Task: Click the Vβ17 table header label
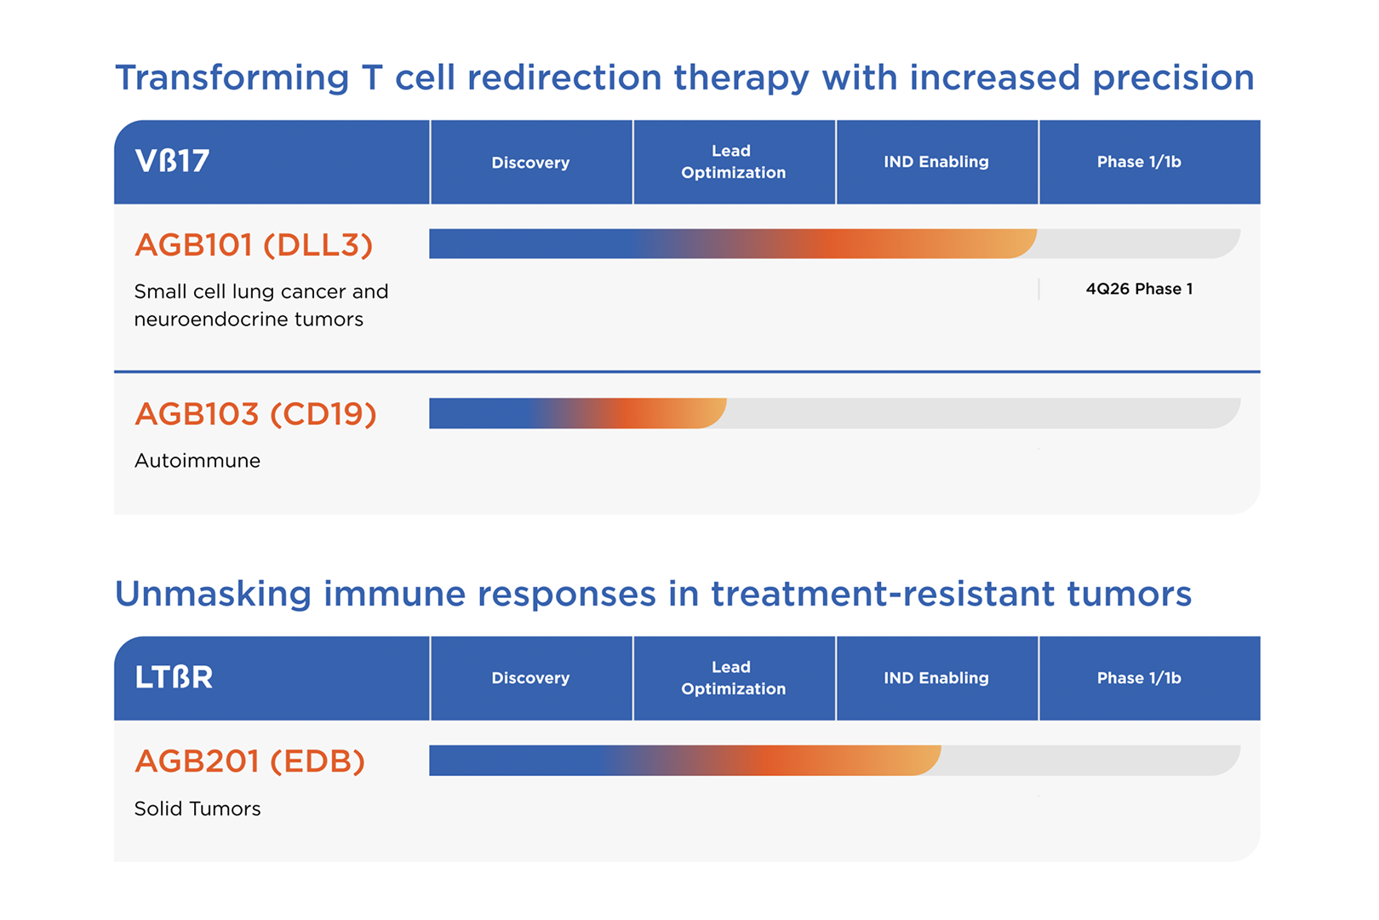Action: (172, 161)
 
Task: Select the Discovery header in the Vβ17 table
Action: (530, 163)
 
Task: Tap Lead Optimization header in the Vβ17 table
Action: (733, 162)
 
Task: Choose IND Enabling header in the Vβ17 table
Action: (936, 162)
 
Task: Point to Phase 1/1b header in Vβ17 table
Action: (1139, 162)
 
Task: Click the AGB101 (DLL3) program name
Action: (254, 245)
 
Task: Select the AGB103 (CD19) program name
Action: (255, 413)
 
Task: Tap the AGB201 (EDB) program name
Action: (250, 761)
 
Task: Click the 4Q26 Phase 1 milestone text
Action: (1139, 289)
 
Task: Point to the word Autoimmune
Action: (197, 461)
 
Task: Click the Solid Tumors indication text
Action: (197, 808)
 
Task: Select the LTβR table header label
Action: (174, 677)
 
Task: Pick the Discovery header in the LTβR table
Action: (530, 678)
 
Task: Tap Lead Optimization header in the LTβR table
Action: (733, 678)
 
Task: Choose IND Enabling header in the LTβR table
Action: (936, 678)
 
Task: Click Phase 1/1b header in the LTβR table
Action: (1139, 678)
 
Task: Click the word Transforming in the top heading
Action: (232, 79)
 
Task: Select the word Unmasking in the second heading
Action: (213, 594)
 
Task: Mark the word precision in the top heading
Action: (1173, 79)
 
